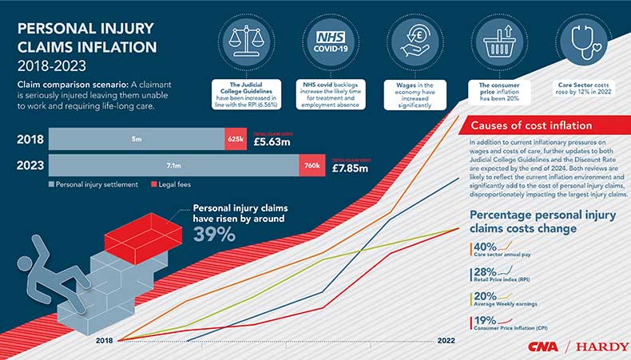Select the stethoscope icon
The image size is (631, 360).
(585, 40)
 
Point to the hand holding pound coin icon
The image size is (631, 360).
(414, 40)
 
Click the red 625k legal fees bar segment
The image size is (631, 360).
(236, 140)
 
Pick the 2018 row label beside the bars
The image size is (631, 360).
(30, 140)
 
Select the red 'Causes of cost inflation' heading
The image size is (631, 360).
(531, 125)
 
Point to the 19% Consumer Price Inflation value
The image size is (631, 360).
(485, 321)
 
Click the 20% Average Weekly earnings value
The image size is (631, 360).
(485, 297)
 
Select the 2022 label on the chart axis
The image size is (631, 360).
(446, 340)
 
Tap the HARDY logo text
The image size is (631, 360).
(601, 347)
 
